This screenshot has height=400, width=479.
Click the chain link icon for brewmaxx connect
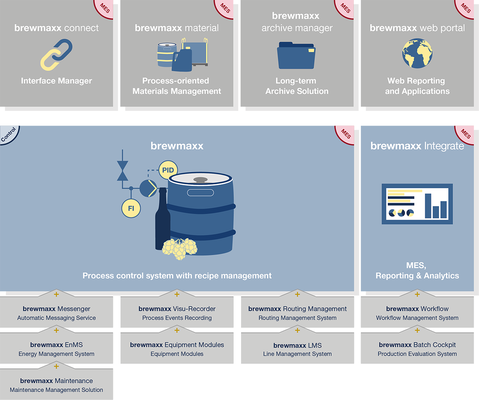click(x=56, y=55)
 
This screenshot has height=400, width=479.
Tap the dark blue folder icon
click(x=296, y=55)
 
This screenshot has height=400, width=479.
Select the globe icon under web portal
click(x=417, y=53)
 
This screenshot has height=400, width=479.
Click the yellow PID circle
click(x=168, y=170)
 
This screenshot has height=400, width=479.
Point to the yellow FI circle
click(x=131, y=208)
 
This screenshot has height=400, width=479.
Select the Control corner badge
click(x=8, y=134)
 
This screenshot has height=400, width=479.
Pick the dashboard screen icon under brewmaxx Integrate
click(x=417, y=204)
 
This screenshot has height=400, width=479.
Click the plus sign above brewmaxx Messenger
click(x=56, y=294)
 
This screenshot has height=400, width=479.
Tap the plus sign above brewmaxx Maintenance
click(x=56, y=367)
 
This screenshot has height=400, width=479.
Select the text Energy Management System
click(x=56, y=354)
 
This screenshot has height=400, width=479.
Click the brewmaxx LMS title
click(x=297, y=345)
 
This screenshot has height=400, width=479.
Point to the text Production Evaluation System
click(x=417, y=354)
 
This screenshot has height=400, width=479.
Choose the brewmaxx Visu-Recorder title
click(x=177, y=309)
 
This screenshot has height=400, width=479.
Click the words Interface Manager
click(x=56, y=81)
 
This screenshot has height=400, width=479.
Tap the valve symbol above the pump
click(x=123, y=171)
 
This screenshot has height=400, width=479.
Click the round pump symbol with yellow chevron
click(x=148, y=188)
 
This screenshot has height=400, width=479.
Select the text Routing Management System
click(x=297, y=318)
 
